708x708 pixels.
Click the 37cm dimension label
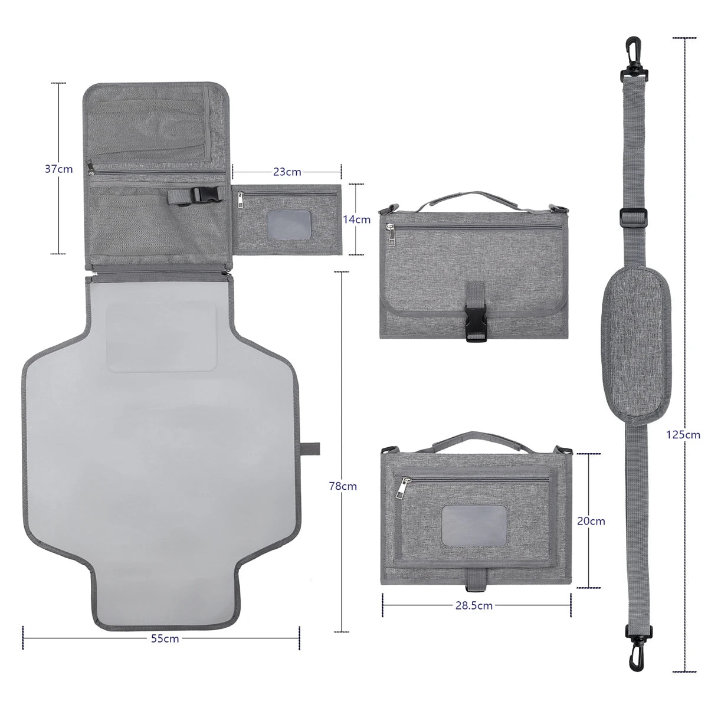[x=58, y=169]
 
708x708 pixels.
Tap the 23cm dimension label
[x=287, y=172]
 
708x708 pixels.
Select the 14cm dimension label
[x=357, y=219]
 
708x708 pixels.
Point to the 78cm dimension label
[x=343, y=486]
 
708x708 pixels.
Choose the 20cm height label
[x=590, y=521]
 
